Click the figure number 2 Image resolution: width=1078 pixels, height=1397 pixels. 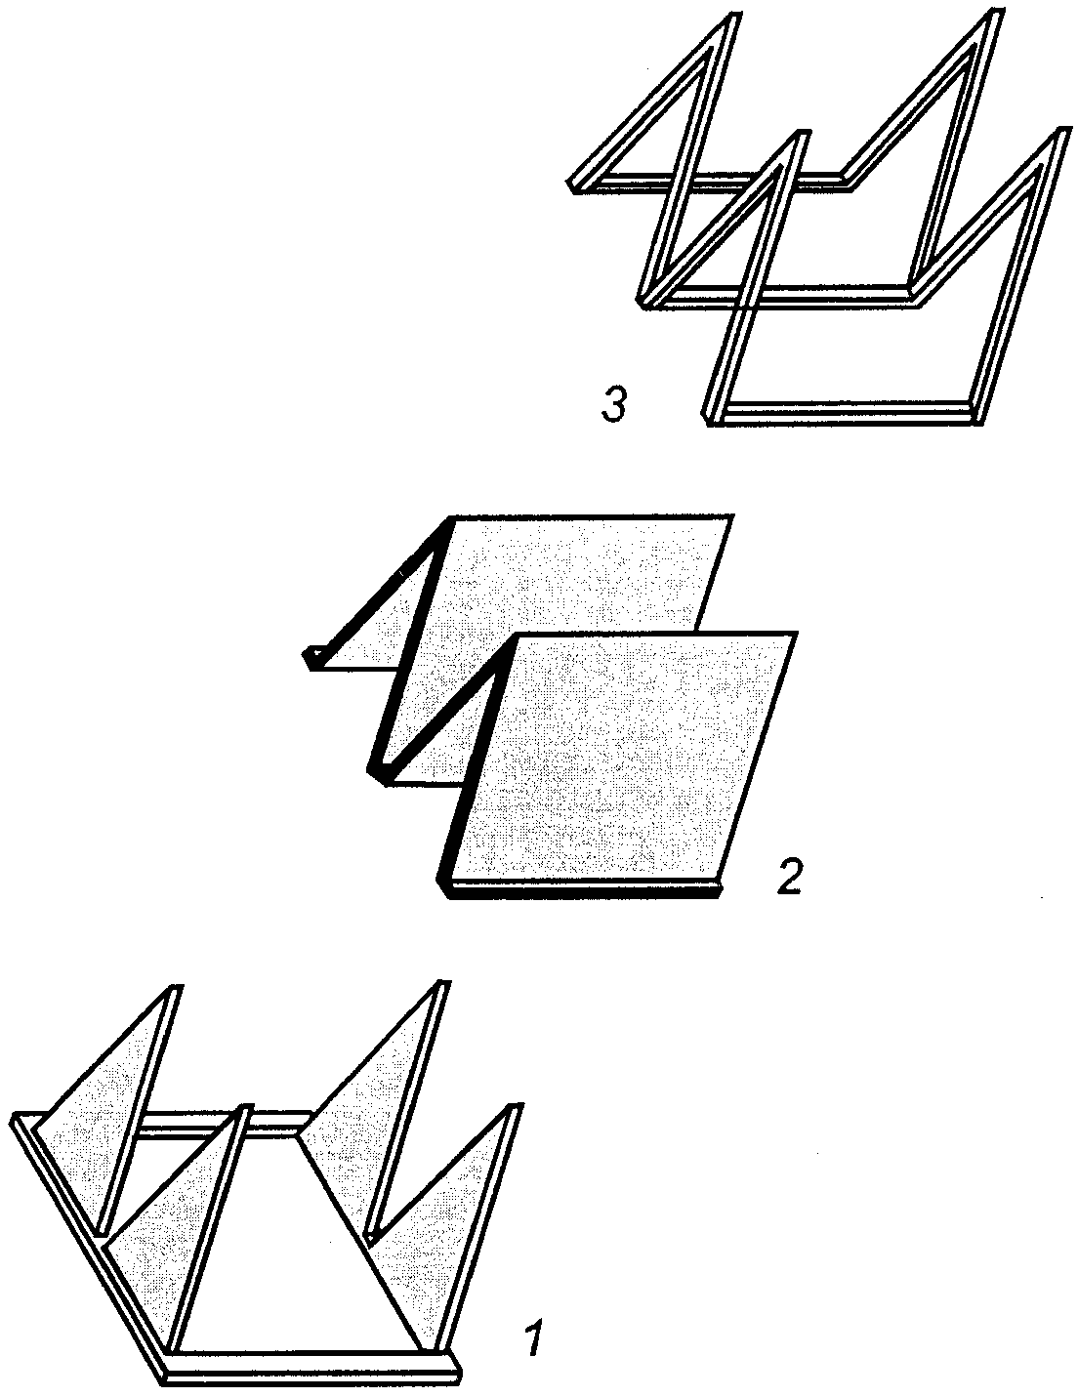[789, 877]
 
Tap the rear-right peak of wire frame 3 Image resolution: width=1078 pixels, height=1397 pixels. [994, 16]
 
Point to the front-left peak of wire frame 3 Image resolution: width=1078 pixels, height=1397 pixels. [801, 135]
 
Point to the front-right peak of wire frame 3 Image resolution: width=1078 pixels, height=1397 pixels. [1062, 132]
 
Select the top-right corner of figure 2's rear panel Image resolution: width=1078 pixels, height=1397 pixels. [732, 515]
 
